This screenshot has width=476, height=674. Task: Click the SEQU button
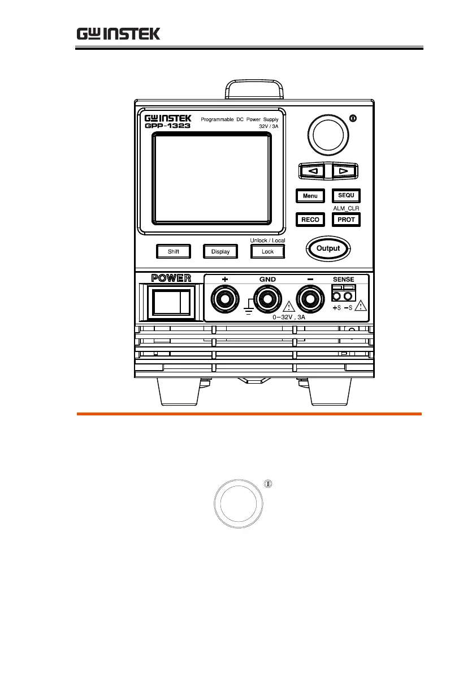(345, 196)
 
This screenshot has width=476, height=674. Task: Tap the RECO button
(310, 220)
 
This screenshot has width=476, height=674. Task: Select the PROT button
(345, 220)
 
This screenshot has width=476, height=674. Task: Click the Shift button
(173, 251)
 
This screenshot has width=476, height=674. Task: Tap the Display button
(220, 251)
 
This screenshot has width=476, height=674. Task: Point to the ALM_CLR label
(345, 208)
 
